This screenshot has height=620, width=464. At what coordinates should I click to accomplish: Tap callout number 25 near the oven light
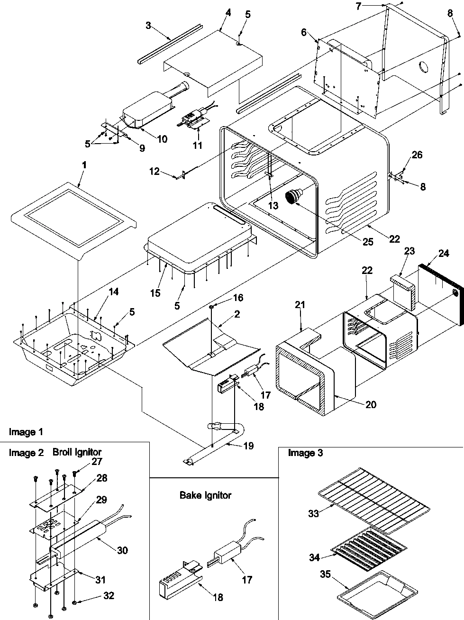tap(368, 242)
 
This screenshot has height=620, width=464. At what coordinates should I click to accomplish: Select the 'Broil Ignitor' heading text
tap(77, 452)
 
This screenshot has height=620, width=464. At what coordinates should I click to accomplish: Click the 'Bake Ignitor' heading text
tap(205, 495)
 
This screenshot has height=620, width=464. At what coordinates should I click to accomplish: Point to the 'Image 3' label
tap(305, 453)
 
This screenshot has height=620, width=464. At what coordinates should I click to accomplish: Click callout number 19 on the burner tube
tap(248, 446)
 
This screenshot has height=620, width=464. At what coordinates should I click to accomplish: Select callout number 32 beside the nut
tap(109, 596)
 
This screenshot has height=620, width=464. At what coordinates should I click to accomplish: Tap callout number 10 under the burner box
tap(162, 139)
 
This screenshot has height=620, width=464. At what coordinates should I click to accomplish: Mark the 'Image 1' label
tap(26, 432)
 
